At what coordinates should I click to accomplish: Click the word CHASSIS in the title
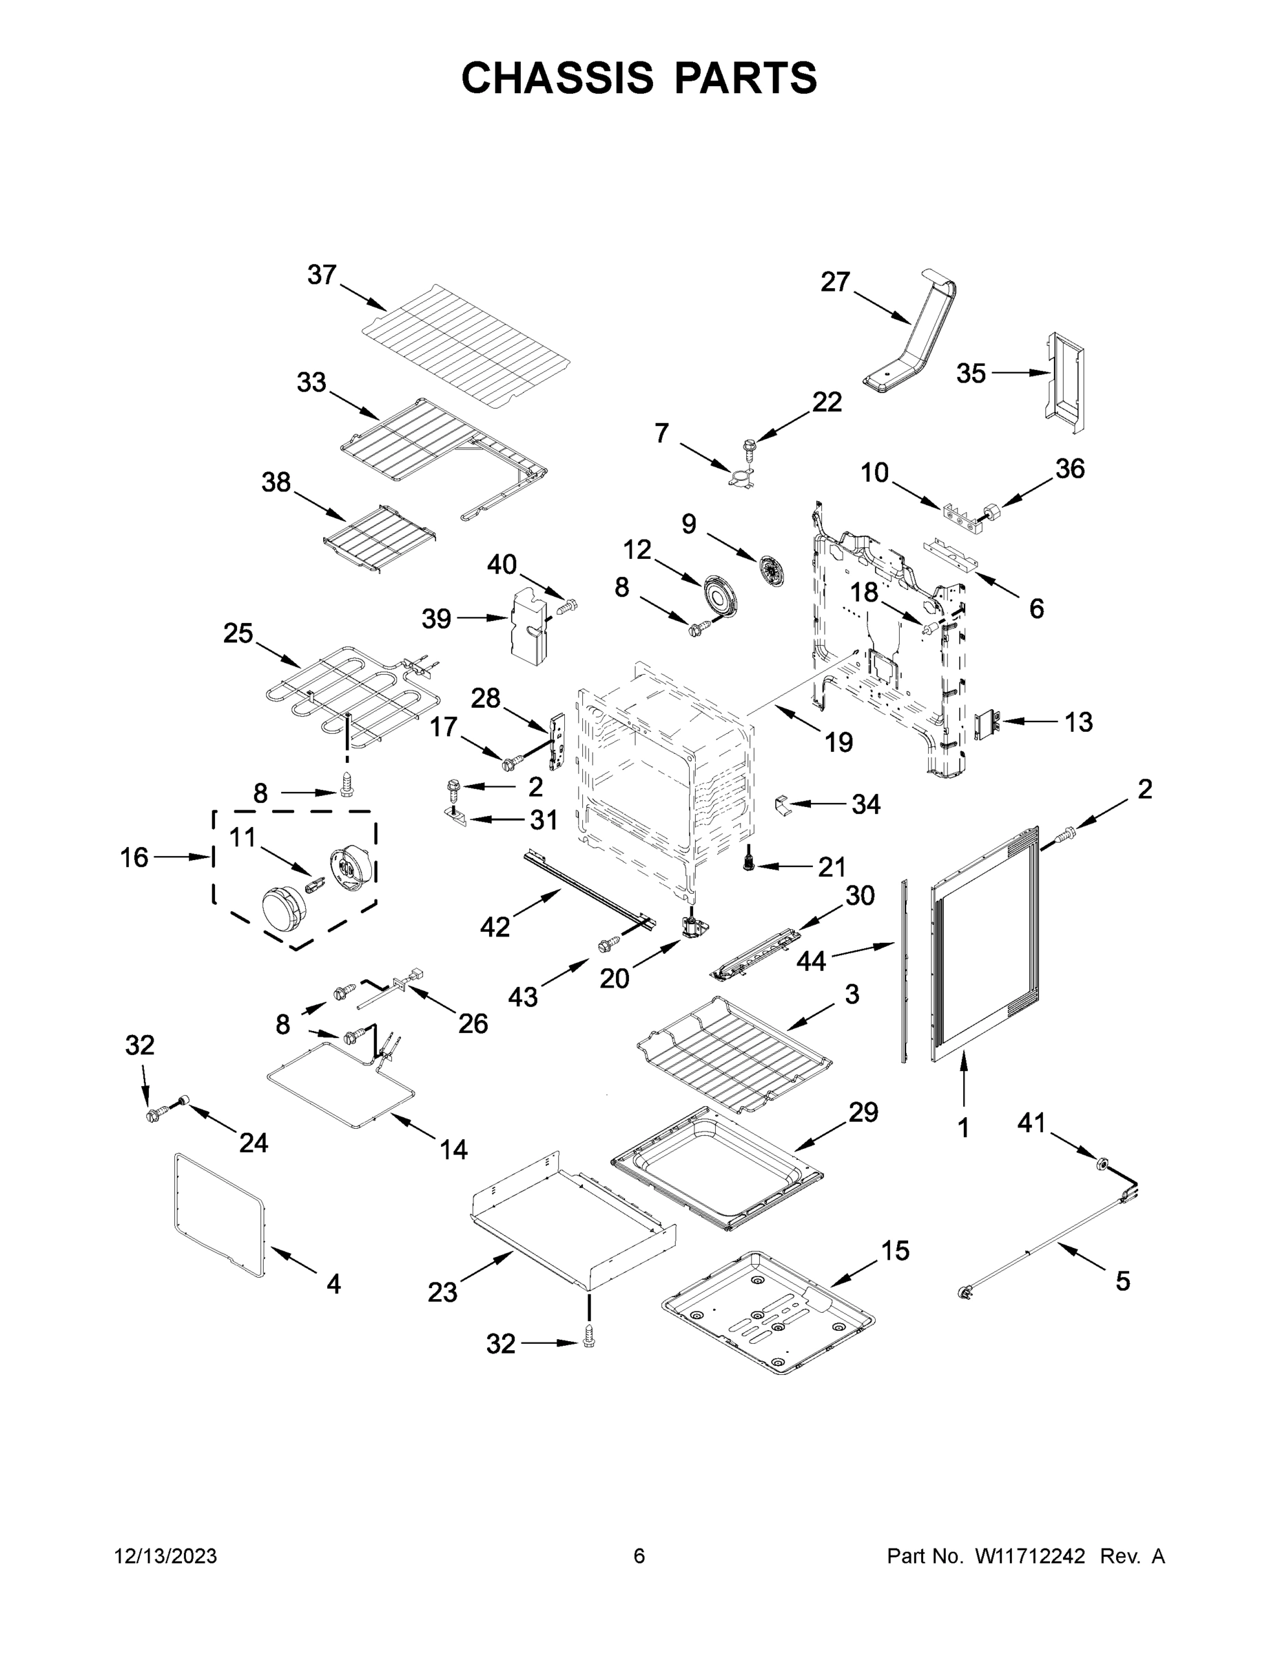pos(557,77)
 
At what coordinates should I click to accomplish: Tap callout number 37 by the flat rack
pos(322,275)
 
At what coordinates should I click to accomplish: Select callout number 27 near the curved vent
pos(835,282)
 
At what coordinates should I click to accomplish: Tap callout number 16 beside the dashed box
pos(135,857)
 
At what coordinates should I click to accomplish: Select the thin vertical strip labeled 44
pos(903,971)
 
